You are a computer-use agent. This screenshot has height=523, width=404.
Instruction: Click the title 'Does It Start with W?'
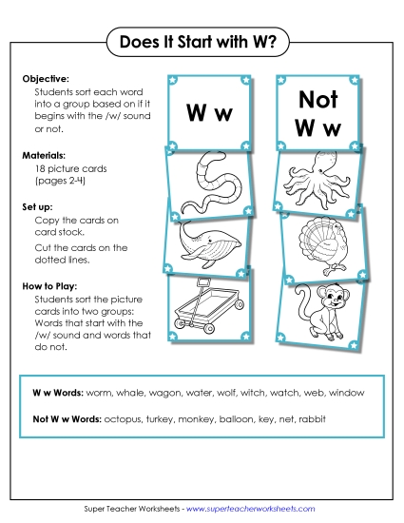[202, 42]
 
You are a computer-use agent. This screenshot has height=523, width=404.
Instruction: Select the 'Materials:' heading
[43, 153]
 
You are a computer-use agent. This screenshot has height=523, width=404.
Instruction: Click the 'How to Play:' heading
[48, 283]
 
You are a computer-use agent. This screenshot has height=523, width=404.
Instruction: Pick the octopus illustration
[317, 181]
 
